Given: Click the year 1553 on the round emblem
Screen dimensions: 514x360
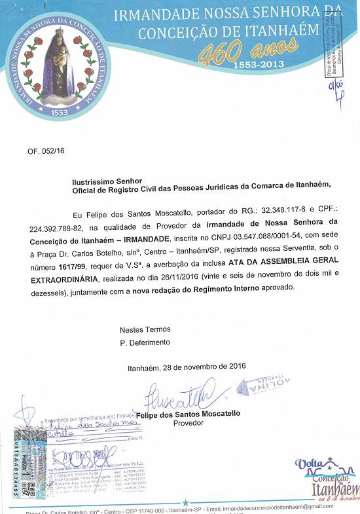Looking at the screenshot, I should click(x=60, y=112).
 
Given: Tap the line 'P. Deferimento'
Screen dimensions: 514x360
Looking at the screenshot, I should click(x=145, y=342).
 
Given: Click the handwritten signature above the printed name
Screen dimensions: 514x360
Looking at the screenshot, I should click(x=175, y=394).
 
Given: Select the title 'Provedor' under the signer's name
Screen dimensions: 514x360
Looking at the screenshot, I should click(x=189, y=423).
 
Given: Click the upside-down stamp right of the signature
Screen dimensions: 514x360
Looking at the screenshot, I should click(x=263, y=386).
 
